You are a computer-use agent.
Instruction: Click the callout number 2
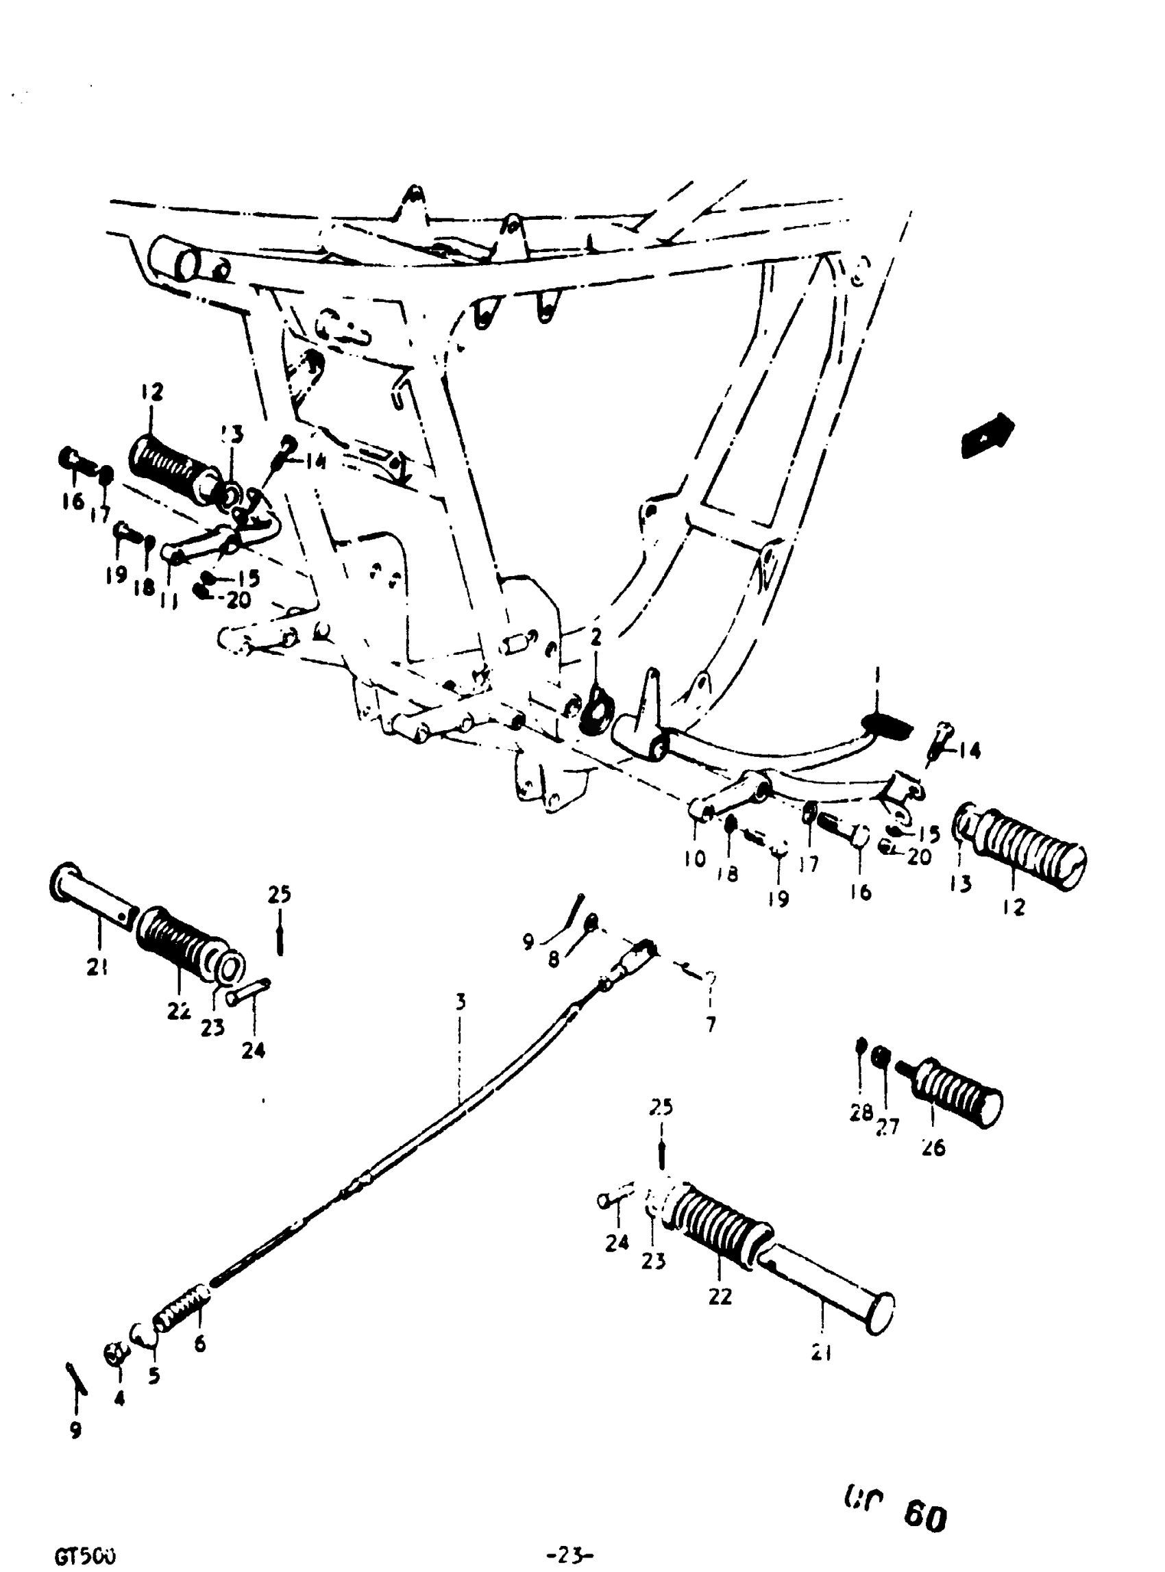597,637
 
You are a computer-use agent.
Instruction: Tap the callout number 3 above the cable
460,1001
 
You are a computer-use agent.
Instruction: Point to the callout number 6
200,1345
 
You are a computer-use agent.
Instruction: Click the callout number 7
711,1024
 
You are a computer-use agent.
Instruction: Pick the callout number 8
554,960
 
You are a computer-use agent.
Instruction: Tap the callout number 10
695,859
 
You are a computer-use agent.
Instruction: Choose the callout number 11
169,600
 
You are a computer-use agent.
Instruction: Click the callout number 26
933,1147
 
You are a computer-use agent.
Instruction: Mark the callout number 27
888,1127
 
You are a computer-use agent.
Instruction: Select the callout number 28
860,1112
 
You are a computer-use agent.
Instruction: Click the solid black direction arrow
988,435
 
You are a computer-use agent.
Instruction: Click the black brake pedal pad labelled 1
885,724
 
